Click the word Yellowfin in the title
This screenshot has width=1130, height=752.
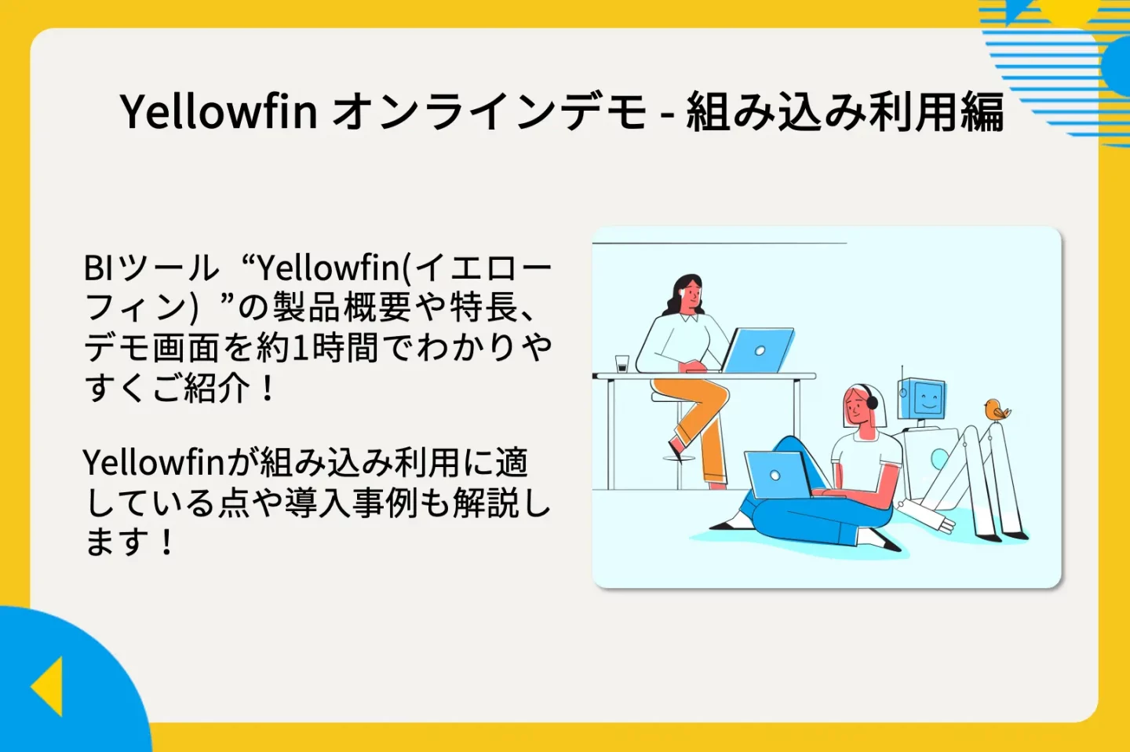coord(218,111)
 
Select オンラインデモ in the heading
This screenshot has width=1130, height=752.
coord(490,111)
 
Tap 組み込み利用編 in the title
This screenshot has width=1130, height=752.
coord(845,111)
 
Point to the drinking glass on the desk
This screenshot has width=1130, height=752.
coord(622,363)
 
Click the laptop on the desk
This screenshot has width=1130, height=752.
coord(756,350)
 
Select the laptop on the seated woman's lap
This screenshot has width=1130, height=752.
coord(777,475)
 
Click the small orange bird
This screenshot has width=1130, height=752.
coord(996,411)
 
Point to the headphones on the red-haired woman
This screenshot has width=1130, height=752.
coord(872,402)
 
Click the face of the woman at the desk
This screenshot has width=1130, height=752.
coord(691,297)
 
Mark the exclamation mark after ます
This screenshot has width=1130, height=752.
coord(166,542)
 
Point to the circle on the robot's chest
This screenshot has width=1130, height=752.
coord(939,459)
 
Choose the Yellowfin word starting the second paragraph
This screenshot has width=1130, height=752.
coord(154,463)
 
